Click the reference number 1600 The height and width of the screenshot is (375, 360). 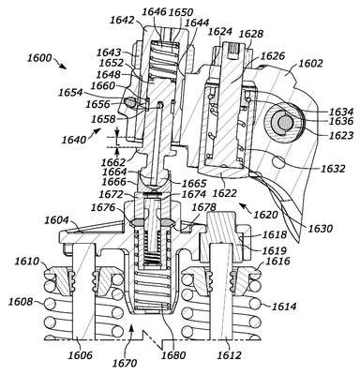[39, 58]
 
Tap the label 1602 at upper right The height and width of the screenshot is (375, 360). [310, 64]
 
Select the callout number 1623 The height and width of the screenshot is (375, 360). [340, 135]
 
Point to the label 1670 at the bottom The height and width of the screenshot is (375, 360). [125, 363]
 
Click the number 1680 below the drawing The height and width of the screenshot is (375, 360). [172, 355]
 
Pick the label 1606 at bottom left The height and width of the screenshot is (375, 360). [80, 355]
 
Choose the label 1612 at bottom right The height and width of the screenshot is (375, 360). [229, 355]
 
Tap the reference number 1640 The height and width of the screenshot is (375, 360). [74, 140]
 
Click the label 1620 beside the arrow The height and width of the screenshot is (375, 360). [265, 215]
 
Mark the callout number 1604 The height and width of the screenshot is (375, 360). [57, 220]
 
